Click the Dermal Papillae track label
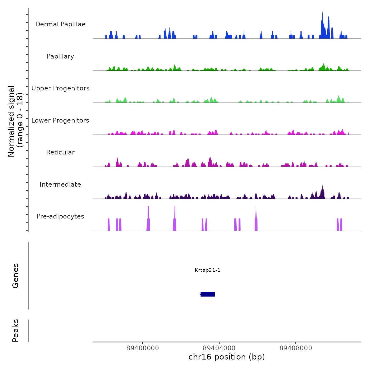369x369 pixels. (x=60, y=24)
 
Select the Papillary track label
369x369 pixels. (x=60, y=56)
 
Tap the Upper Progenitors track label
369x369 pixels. (x=60, y=88)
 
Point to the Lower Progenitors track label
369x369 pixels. (x=60, y=120)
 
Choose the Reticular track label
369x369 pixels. (x=60, y=152)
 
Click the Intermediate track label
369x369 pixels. (x=60, y=184)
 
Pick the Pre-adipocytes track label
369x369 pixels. (x=60, y=216)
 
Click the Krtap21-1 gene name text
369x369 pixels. (x=208, y=270)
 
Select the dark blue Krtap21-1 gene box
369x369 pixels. (x=208, y=294)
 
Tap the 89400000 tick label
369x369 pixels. (x=143, y=348)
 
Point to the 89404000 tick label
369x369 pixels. (x=219, y=348)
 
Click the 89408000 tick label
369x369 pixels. (x=296, y=348)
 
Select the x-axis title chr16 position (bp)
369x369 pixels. (x=227, y=357)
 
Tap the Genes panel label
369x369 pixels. (x=16, y=276)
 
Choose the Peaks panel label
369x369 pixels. (x=16, y=331)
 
